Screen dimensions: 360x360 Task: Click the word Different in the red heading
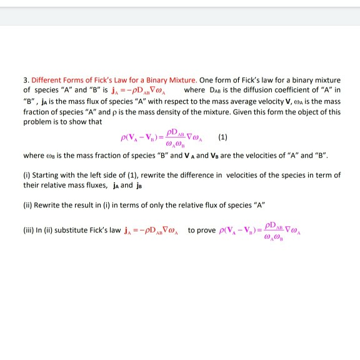tap(46, 80)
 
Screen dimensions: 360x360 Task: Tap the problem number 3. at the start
tap(25, 80)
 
